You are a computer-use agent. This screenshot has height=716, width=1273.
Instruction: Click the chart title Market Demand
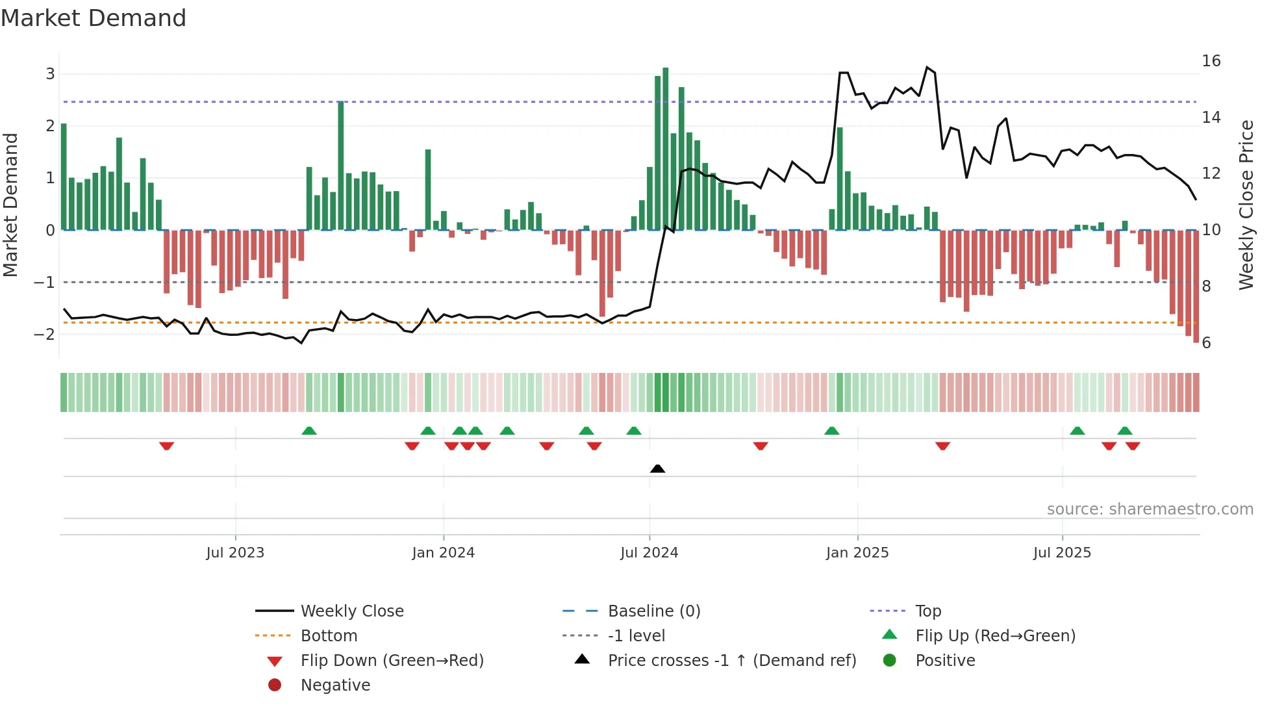pyautogui.click(x=94, y=18)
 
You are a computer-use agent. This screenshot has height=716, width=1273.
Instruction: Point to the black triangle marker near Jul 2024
pyautogui.click(x=657, y=468)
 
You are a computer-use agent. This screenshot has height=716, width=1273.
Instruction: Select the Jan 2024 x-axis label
pyautogui.click(x=443, y=553)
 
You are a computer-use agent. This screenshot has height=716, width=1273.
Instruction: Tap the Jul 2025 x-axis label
pyautogui.click(x=1062, y=553)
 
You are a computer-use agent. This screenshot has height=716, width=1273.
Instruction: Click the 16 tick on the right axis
pyautogui.click(x=1211, y=61)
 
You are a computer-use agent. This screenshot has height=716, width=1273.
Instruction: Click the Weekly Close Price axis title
pyautogui.click(x=1246, y=205)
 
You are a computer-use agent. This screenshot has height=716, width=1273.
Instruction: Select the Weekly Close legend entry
pyautogui.click(x=351, y=611)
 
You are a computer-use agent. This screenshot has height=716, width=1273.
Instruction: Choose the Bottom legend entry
pyautogui.click(x=329, y=636)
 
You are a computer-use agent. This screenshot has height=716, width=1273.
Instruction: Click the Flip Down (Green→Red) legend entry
pyautogui.click(x=392, y=661)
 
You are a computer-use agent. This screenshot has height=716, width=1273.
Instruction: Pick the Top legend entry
pyautogui.click(x=927, y=611)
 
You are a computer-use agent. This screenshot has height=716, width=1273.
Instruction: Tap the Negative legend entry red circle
pyautogui.click(x=275, y=685)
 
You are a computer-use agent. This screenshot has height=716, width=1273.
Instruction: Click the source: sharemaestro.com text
pyautogui.click(x=1150, y=509)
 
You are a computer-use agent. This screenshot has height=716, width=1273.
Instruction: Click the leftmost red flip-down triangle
pyautogui.click(x=166, y=446)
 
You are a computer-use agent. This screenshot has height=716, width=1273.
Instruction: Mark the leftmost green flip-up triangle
pyautogui.click(x=309, y=431)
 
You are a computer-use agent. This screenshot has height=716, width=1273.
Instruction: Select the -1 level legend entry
pyautogui.click(x=636, y=636)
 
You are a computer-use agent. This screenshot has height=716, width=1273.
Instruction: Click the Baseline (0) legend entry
pyautogui.click(x=653, y=611)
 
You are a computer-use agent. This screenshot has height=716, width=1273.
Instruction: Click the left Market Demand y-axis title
pyautogui.click(x=11, y=205)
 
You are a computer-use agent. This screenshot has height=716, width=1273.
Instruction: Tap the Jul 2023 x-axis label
pyautogui.click(x=235, y=553)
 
